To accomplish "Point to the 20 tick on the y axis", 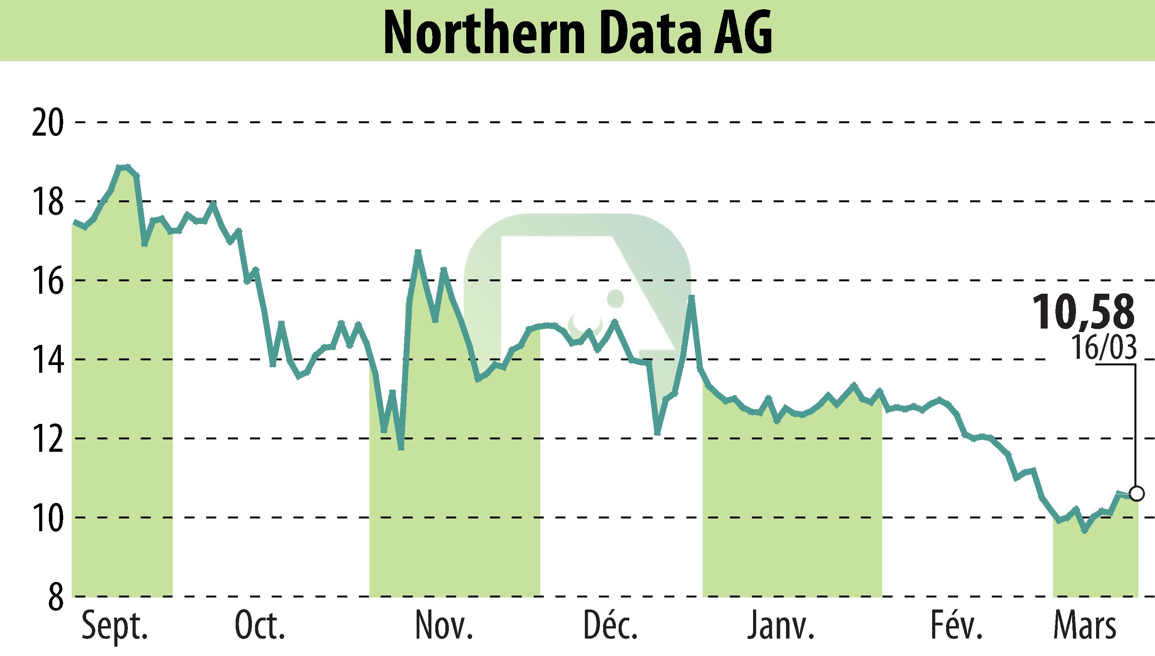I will (x=48, y=122).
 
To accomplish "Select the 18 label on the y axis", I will (x=48, y=201).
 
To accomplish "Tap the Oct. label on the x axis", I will (x=260, y=626).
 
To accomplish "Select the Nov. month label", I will (x=444, y=626).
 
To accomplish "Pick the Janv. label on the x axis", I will (x=781, y=626).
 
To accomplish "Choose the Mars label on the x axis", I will (x=1085, y=626).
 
